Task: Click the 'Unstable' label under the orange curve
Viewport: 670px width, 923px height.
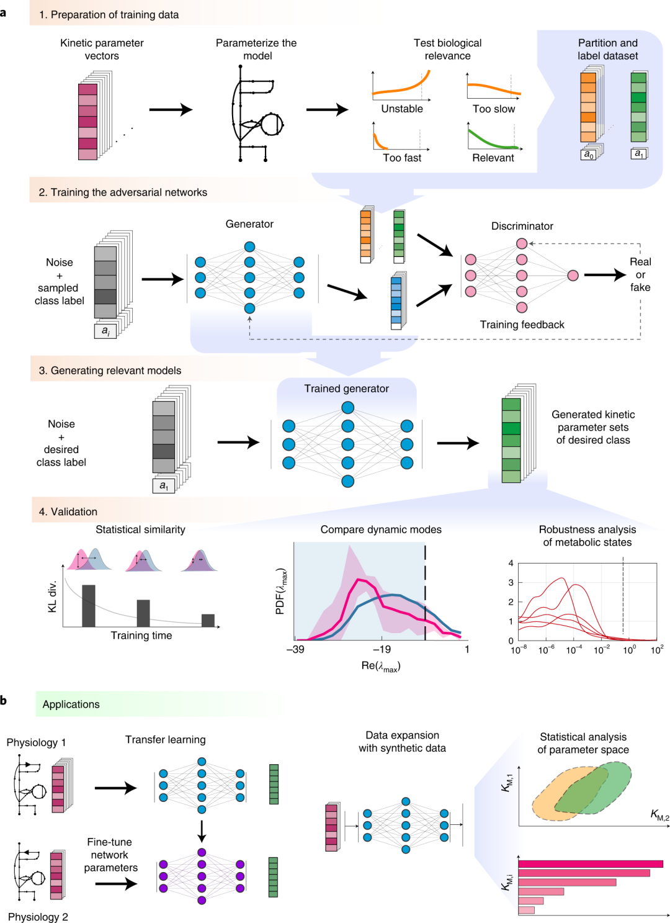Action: click(x=402, y=109)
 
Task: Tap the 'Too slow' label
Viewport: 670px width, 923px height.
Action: click(x=493, y=109)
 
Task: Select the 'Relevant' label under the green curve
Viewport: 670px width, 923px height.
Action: click(x=493, y=158)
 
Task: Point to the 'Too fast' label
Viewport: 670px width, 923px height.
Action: click(x=402, y=158)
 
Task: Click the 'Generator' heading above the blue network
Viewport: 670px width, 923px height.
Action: click(x=249, y=224)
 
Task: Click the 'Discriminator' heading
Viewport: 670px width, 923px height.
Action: click(x=522, y=226)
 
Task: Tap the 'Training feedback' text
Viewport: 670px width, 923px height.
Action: click(x=522, y=325)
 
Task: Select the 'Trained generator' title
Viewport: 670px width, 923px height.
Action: click(x=346, y=389)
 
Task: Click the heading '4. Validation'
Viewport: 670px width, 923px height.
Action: click(x=68, y=511)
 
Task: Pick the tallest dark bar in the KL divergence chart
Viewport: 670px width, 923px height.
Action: click(x=89, y=605)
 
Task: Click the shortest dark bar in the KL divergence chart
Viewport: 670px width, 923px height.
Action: click(x=208, y=620)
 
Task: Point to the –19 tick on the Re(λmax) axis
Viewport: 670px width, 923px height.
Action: click(x=382, y=649)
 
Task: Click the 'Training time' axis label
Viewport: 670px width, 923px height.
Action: click(x=141, y=636)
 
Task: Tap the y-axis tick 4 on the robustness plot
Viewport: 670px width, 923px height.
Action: click(x=511, y=563)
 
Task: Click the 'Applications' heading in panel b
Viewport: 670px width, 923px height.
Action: click(x=71, y=704)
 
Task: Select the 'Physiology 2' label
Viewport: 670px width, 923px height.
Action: click(x=38, y=917)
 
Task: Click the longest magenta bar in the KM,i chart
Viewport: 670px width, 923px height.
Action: click(x=590, y=863)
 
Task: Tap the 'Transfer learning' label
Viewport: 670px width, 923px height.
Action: click(x=165, y=739)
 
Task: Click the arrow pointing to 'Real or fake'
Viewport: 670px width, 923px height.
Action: click(x=605, y=274)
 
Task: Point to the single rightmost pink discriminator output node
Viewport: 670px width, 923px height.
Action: click(x=573, y=276)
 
